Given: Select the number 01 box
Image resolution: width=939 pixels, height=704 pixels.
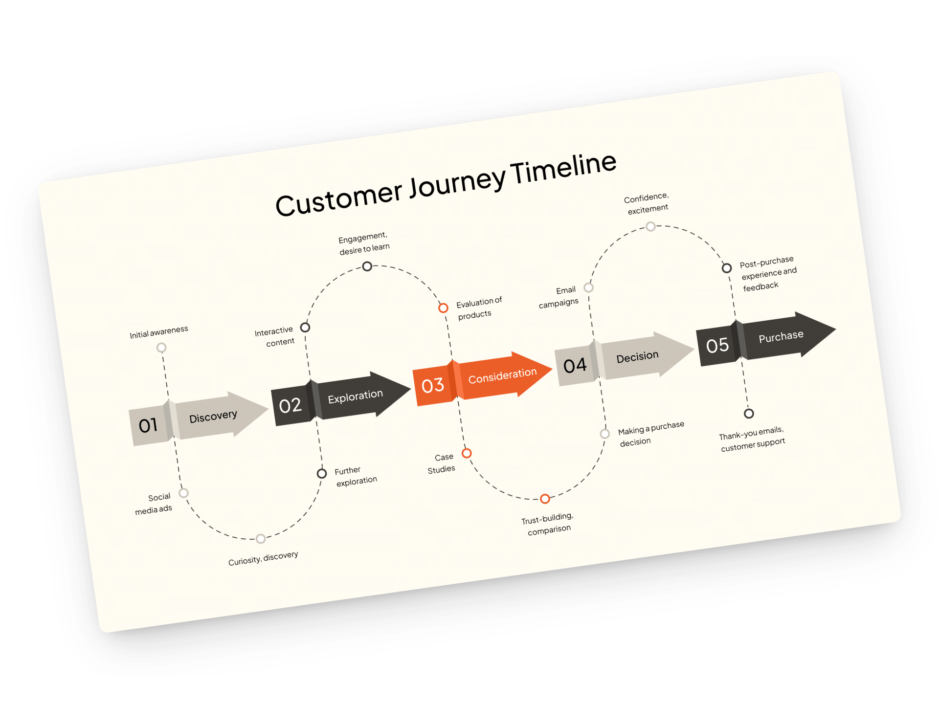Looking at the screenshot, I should point(148,425).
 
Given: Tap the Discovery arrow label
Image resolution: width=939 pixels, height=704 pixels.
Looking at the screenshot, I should point(213,417).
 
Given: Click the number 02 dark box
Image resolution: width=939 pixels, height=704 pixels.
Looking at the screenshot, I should point(290,405).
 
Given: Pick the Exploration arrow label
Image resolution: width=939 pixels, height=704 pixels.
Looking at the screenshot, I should point(355,396).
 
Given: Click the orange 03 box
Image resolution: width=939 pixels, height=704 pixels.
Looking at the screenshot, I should point(432,385).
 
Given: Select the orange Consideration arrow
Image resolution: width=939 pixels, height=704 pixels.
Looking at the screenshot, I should point(502,376).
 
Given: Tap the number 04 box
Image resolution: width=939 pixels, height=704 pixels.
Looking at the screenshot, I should point(575,366).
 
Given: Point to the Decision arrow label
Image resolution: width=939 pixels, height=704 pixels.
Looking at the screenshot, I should point(637,357).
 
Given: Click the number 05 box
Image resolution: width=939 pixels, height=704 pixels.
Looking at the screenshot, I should point(717,346).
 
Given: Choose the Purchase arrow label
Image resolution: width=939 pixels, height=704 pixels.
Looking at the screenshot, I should point(781,336).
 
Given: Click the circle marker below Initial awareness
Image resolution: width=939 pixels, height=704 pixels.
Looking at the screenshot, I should point(161,348).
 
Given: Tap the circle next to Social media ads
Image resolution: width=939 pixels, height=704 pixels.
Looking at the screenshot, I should point(184,493).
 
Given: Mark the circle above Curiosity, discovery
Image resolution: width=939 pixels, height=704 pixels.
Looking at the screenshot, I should point(261,539).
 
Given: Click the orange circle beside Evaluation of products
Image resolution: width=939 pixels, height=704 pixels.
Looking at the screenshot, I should point(443,308).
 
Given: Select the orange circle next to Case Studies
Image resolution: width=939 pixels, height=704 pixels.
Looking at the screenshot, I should point(467,453).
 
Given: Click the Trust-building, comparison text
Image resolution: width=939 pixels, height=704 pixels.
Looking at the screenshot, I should point(548,524).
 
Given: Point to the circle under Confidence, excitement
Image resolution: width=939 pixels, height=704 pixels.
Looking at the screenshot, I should point(650,226).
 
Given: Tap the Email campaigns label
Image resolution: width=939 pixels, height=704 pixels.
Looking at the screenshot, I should point(559,297).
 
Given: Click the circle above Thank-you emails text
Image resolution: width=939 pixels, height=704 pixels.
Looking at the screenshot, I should point(749,414).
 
